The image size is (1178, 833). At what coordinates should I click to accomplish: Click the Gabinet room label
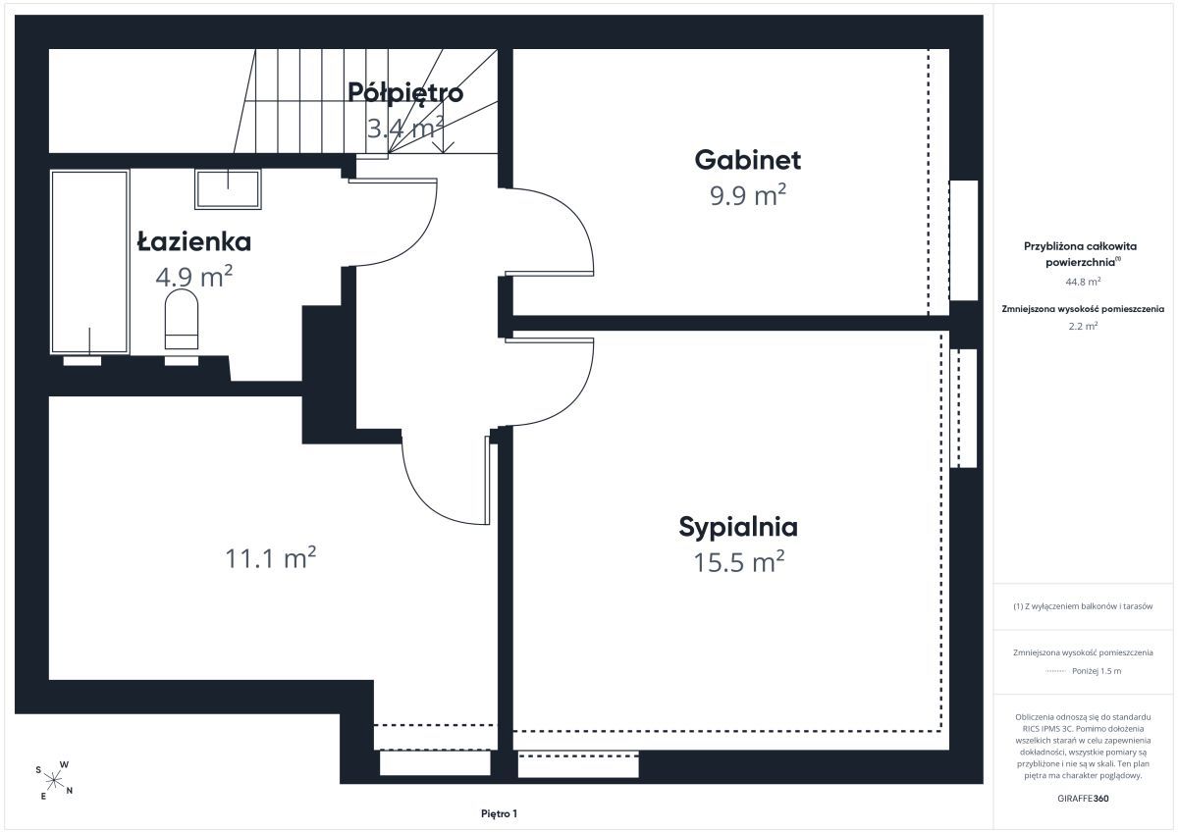747,160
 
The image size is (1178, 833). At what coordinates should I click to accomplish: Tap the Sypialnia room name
738,528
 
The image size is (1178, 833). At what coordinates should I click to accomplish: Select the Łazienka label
194,241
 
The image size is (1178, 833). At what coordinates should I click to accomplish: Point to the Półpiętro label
405,93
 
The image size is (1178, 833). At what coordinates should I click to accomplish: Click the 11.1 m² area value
270,557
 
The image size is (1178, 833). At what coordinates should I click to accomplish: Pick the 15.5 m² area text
739,562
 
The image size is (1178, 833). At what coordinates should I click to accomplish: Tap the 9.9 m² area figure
748,195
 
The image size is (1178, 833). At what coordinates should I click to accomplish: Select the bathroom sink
228,188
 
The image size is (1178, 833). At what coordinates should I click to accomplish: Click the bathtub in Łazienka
90,262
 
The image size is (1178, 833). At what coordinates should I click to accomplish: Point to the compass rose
54,780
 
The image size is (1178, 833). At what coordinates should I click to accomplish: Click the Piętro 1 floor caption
499,813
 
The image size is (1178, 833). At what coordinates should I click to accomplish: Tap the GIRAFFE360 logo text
1083,799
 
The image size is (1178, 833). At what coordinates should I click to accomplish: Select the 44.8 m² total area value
1083,282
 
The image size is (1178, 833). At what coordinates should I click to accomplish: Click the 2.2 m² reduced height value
1083,326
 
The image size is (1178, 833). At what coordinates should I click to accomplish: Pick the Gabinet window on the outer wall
963,240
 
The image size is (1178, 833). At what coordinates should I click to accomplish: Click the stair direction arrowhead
444,148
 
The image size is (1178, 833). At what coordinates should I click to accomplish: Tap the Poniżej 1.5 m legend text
1097,671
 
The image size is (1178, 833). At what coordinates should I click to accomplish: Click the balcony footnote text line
1083,606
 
